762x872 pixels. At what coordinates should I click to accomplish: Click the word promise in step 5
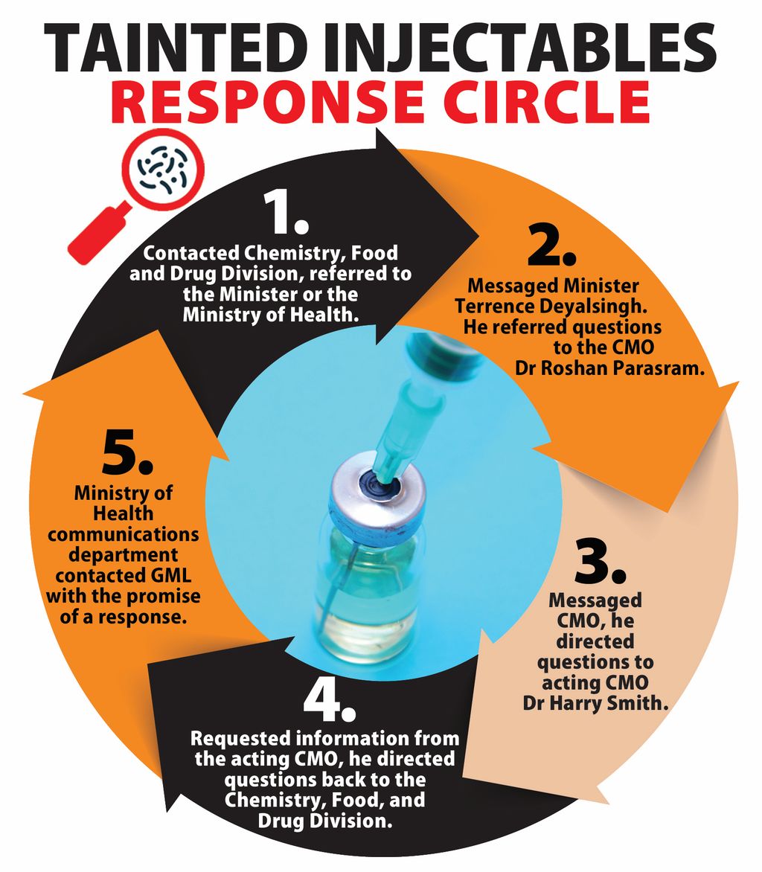click(x=163, y=597)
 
